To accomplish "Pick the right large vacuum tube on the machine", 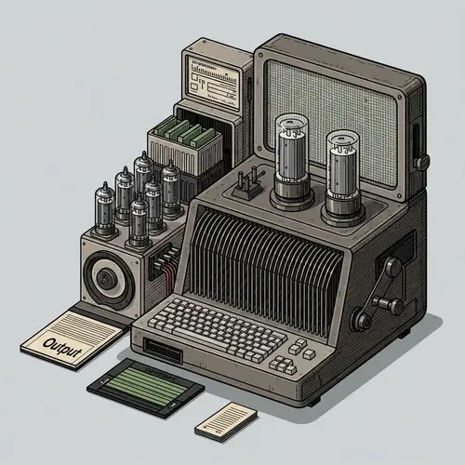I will click(341, 171).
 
